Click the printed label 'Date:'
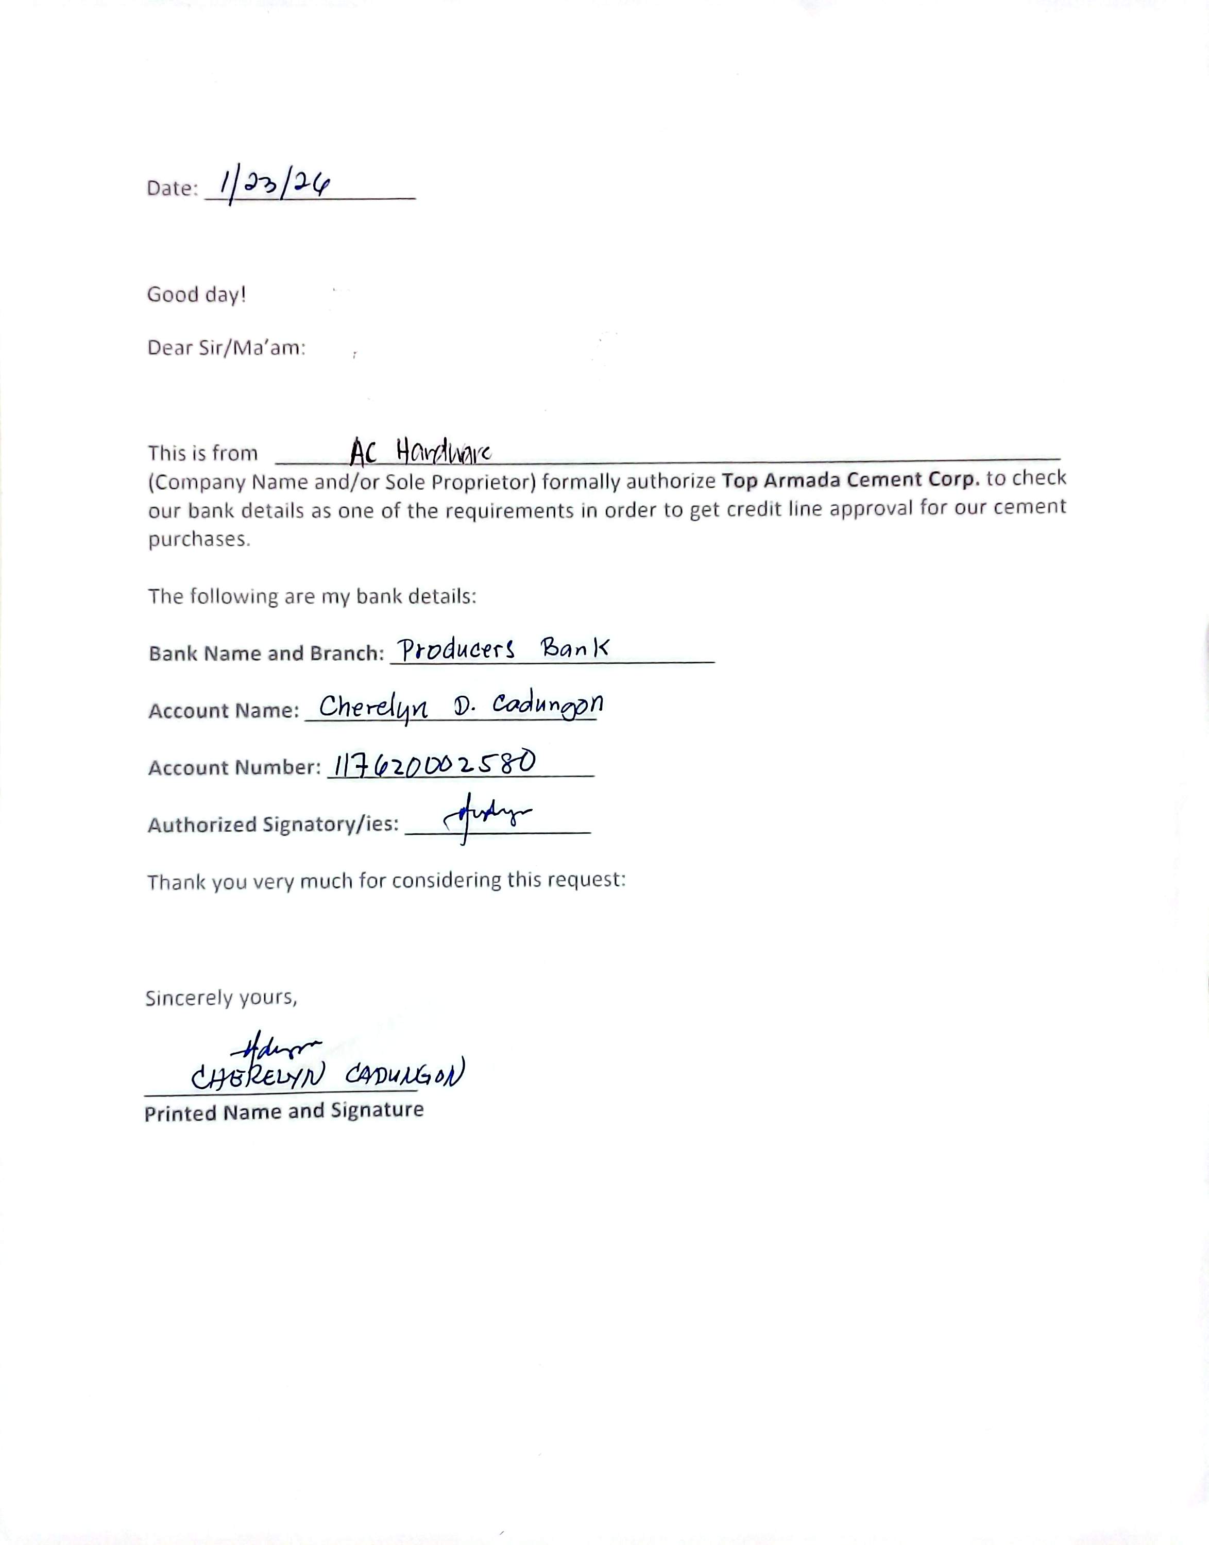[172, 188]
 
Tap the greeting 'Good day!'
[196, 295]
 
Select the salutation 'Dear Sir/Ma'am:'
[226, 348]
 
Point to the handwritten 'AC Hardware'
[420, 451]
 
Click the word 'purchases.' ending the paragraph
[199, 539]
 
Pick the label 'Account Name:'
[224, 711]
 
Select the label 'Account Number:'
[234, 768]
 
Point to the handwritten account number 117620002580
[434, 764]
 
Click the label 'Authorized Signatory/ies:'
[273, 825]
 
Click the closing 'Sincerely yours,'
[221, 998]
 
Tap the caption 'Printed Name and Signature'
[284, 1112]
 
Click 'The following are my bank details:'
[312, 596]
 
